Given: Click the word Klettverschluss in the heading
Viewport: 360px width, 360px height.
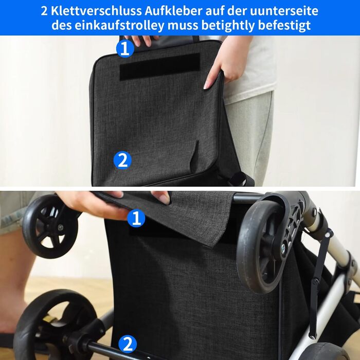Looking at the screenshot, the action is click(x=96, y=11).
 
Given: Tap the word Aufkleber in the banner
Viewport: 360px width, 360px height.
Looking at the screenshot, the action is click(x=173, y=11).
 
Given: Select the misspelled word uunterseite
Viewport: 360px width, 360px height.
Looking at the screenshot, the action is click(x=284, y=11).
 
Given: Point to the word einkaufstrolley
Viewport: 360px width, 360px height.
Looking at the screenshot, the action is click(x=119, y=26).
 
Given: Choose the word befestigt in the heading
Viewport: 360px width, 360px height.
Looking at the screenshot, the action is click(x=284, y=26).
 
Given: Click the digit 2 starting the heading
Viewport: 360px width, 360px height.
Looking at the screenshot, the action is click(x=44, y=11).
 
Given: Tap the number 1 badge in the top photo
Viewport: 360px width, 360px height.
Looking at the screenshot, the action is click(x=125, y=48).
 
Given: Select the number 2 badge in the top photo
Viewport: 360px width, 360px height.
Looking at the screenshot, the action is click(x=122, y=160).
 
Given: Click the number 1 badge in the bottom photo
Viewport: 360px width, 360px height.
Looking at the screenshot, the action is click(x=136, y=218).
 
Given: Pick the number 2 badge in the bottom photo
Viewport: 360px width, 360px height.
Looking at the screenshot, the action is click(x=128, y=344).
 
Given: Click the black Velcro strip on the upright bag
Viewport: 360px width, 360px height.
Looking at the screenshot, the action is click(x=160, y=66).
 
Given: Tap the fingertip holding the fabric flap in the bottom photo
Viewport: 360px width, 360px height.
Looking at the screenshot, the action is click(x=165, y=197).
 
